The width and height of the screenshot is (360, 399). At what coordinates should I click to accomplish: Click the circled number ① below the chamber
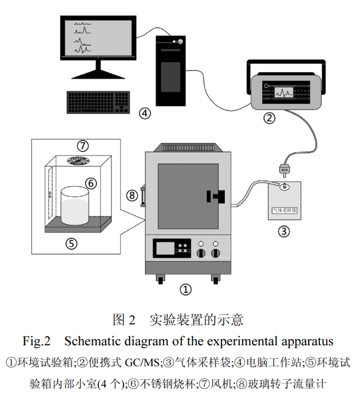point(186,289)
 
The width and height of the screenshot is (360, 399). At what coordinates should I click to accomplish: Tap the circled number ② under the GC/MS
point(270,119)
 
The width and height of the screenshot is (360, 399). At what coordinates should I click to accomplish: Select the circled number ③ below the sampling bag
point(284,231)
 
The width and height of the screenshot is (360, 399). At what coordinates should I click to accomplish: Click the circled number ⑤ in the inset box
point(71,243)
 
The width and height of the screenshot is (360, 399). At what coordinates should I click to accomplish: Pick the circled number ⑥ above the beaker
point(91,183)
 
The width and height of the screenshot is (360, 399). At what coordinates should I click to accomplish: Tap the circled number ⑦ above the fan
point(83,145)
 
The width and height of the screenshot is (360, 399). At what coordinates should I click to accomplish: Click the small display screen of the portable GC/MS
point(285,92)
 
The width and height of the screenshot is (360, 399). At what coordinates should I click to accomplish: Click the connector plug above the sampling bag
point(284,168)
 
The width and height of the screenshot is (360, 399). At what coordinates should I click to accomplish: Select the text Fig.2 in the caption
point(37,341)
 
